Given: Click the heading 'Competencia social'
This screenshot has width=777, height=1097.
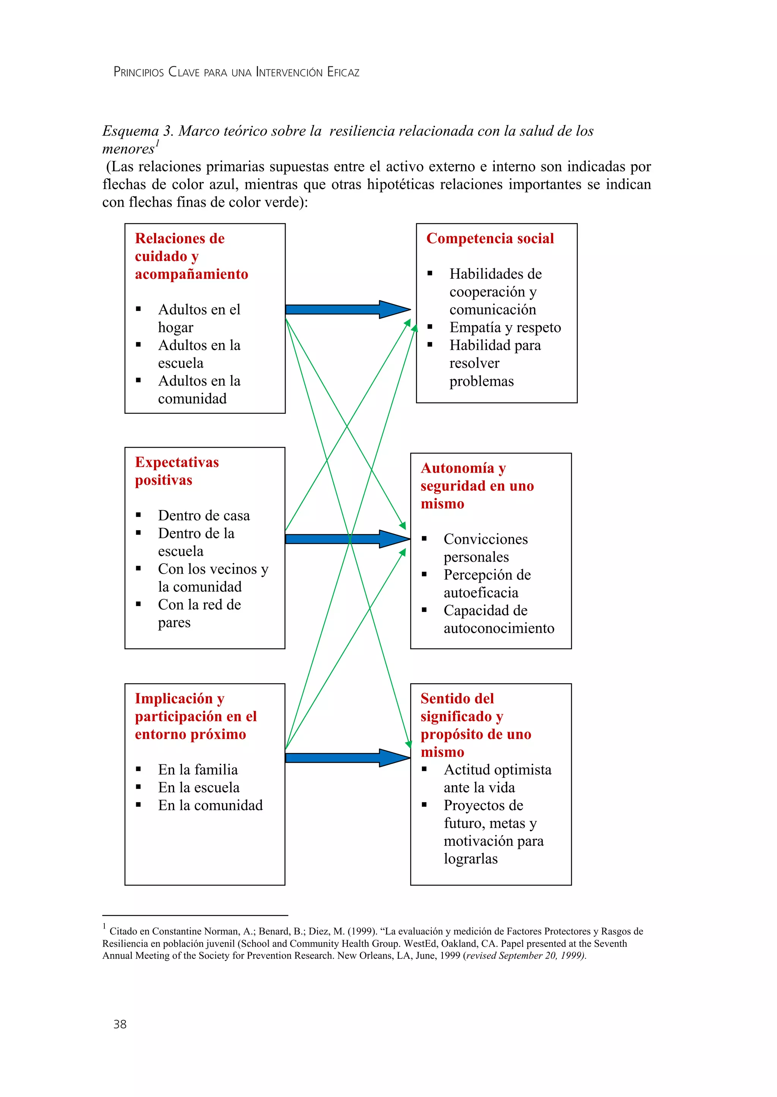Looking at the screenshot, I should (490, 238).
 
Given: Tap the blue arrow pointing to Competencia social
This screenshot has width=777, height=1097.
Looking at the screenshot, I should (347, 310).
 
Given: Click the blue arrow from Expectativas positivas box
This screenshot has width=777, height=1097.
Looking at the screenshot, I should (347, 539).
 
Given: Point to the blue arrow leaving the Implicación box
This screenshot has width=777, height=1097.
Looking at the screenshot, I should (347, 758).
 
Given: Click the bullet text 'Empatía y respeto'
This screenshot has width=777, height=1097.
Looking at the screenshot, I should (505, 328).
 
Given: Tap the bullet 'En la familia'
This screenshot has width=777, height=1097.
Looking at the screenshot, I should (198, 770).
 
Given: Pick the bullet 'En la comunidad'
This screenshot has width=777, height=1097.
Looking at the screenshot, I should (210, 806).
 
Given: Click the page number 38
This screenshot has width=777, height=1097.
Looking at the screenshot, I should (120, 1024).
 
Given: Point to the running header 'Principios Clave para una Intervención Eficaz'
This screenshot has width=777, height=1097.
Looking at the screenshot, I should (236, 72).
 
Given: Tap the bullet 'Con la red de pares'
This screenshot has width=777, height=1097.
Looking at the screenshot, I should (199, 614).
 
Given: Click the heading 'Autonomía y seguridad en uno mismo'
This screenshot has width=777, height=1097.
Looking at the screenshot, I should (477, 486).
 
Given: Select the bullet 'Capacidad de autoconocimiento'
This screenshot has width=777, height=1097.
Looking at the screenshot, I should (499, 619).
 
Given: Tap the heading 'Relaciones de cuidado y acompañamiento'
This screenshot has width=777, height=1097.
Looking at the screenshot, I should (191, 256).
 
